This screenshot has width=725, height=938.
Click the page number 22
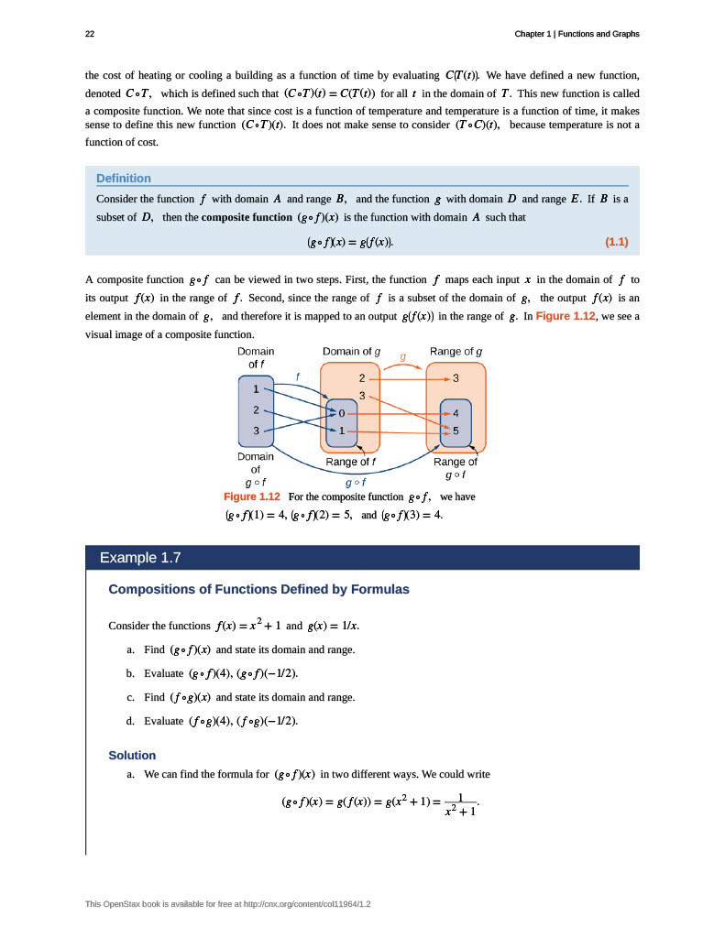[90, 34]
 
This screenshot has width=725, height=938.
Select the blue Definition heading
[124, 179]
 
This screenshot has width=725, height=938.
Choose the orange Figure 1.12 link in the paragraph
[566, 316]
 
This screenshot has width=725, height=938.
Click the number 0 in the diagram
[342, 413]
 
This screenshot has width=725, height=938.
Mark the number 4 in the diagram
[456, 413]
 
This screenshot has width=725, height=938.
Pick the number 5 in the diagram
[456, 431]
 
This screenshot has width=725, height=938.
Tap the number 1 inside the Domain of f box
[256, 389]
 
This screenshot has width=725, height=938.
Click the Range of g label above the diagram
[456, 351]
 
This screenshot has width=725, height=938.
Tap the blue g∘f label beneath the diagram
[356, 482]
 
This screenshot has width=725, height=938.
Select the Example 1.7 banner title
[140, 558]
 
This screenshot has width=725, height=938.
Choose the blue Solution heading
[132, 756]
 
